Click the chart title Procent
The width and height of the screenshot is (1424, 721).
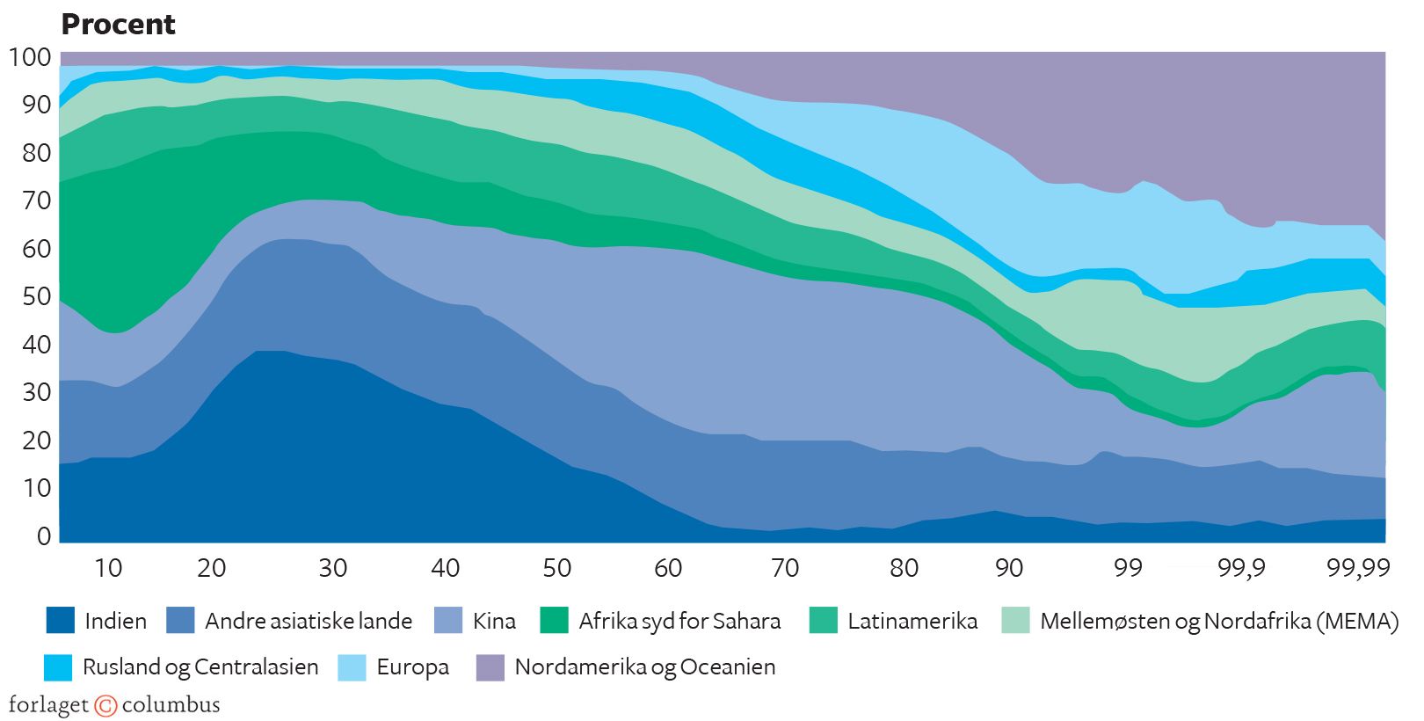click(x=118, y=25)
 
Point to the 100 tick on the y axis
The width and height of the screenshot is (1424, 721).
click(x=30, y=57)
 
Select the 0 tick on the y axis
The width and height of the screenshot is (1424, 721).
click(x=43, y=535)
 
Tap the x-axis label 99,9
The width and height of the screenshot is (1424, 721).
click(x=1241, y=568)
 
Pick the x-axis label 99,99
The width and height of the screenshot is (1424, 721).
click(x=1358, y=568)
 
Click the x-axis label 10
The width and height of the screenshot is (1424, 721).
click(x=107, y=568)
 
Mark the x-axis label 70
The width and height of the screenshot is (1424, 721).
click(x=784, y=568)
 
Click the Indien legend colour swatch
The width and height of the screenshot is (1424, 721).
click(x=61, y=621)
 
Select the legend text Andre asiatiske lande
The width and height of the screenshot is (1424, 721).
click(x=309, y=621)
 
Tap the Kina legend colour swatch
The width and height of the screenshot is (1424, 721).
click(x=448, y=621)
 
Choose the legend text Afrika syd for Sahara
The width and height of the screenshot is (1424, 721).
click(x=679, y=621)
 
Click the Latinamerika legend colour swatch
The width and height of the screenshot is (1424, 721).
click(x=823, y=621)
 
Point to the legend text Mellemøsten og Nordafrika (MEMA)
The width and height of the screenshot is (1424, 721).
click(x=1218, y=621)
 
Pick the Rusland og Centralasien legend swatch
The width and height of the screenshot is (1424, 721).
click(x=58, y=666)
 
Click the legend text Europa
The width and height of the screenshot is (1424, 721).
click(x=412, y=667)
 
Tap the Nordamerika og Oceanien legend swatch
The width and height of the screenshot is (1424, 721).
click(x=490, y=666)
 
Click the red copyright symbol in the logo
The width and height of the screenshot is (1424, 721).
click(x=105, y=705)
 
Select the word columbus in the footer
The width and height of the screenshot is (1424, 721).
click(x=171, y=705)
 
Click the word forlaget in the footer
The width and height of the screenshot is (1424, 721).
click(x=48, y=705)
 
